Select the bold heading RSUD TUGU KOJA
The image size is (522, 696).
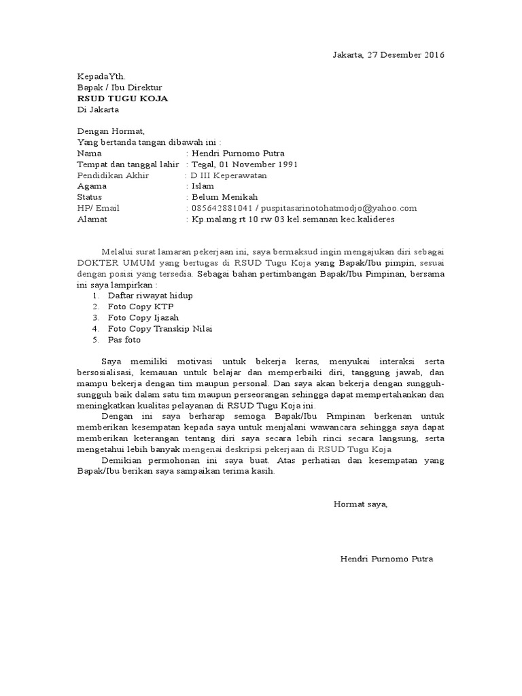(122, 99)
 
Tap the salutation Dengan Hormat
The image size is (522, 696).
(111, 132)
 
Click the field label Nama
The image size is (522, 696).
(90, 154)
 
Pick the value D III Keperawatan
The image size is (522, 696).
(228, 175)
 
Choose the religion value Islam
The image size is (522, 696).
(203, 186)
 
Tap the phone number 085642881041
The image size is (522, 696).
(222, 209)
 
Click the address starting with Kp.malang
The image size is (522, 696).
(293, 220)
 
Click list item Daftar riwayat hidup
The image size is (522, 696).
(150, 296)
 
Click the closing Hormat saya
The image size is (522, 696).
(360, 504)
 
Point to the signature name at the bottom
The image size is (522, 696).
(386, 559)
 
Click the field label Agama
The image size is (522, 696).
(92, 186)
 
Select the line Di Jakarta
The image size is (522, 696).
(98, 109)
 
